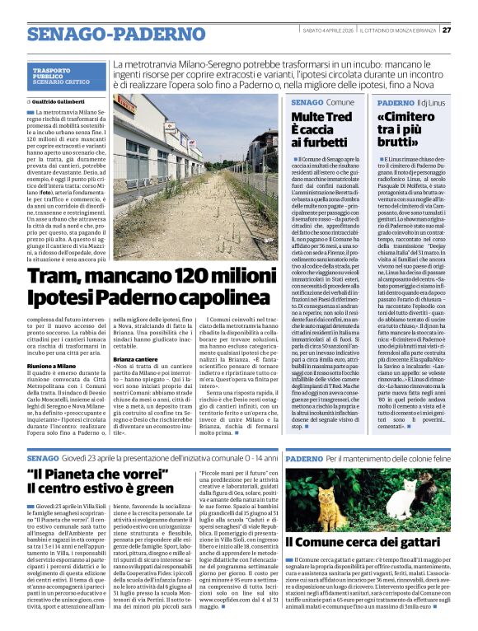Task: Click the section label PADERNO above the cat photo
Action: point(305,457)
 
